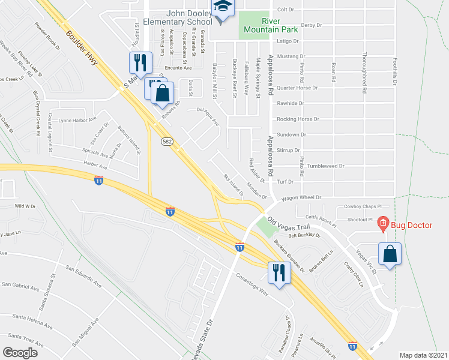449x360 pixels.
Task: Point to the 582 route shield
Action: click(x=167, y=142)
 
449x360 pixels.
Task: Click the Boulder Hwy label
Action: click(x=81, y=43)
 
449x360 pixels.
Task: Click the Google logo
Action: click(x=20, y=352)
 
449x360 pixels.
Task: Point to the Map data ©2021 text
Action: click(x=424, y=355)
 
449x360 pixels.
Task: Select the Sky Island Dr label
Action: click(x=234, y=184)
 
